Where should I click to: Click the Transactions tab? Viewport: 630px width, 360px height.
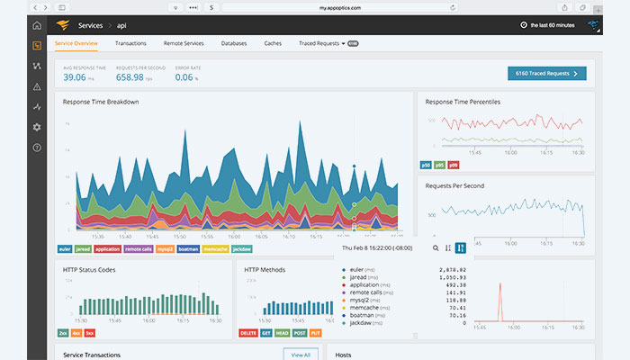click(x=130, y=43)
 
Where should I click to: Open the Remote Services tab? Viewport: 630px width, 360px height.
click(x=184, y=43)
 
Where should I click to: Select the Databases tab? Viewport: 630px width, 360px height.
click(x=234, y=43)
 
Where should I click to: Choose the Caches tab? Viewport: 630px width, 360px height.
click(x=273, y=43)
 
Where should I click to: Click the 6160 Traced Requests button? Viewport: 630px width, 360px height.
click(x=546, y=74)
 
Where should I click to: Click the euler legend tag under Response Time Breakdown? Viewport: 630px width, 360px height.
click(x=64, y=248)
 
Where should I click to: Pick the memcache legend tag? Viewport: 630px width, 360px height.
click(x=215, y=248)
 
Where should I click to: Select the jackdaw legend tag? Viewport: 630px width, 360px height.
click(x=242, y=248)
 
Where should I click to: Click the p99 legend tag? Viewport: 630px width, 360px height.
click(x=453, y=165)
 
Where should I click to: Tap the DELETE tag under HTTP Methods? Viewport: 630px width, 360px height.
click(x=248, y=332)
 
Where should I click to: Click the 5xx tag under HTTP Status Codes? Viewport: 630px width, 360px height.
click(x=90, y=332)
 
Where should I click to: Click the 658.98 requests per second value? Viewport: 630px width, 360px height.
click(x=132, y=78)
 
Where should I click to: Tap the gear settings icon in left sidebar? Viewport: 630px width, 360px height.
click(x=37, y=127)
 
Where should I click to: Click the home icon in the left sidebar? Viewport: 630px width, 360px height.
click(x=37, y=25)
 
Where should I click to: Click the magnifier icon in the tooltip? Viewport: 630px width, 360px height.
click(x=436, y=247)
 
